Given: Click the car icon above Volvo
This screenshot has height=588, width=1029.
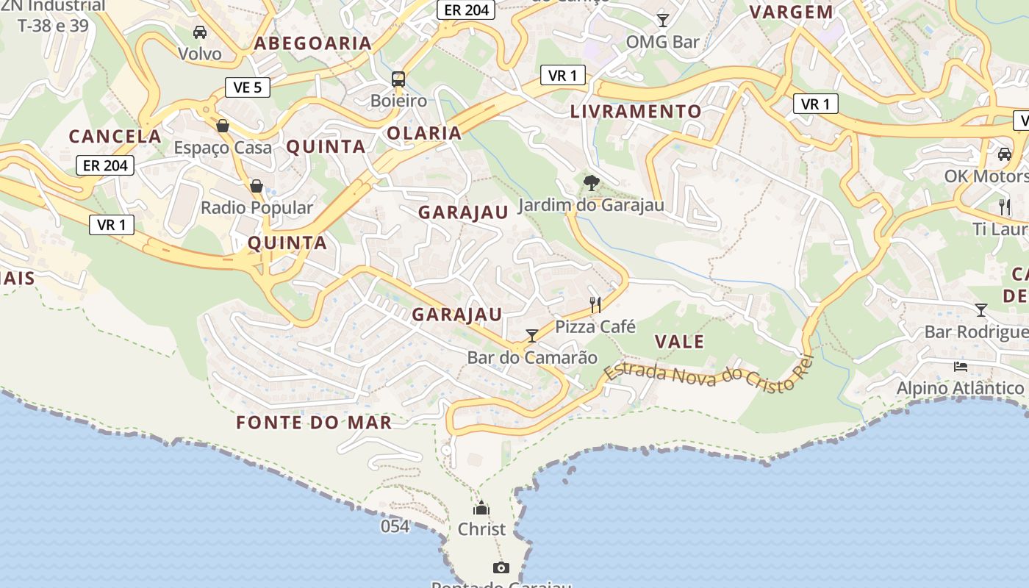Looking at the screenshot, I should click(x=200, y=32).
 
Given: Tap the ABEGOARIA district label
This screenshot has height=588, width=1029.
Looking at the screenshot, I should click(x=313, y=43).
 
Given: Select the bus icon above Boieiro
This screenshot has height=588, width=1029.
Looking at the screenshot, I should click(x=398, y=79).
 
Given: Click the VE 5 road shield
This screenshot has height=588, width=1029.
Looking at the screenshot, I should click(x=247, y=87).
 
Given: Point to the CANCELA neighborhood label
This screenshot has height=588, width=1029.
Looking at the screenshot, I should click(x=115, y=136).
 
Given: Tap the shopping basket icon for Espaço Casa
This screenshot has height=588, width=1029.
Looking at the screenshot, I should click(x=223, y=126).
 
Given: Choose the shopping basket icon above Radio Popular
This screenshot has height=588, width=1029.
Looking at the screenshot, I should click(x=257, y=186).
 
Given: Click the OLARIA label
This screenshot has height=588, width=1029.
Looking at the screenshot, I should click(x=424, y=133).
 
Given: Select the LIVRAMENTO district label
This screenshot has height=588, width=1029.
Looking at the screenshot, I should click(x=636, y=112).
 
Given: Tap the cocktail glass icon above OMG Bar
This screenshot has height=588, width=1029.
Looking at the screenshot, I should click(x=663, y=20).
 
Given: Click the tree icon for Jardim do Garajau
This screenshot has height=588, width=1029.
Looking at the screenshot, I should click(x=591, y=183).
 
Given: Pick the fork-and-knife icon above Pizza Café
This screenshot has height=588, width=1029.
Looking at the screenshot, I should click(x=595, y=304).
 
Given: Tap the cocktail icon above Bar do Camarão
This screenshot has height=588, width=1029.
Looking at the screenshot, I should click(x=532, y=336).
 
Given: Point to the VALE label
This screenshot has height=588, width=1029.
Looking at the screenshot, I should click(x=679, y=342).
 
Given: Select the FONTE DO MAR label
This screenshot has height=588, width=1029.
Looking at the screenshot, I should click(x=314, y=423).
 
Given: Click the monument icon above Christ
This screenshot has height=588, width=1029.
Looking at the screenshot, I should click(x=481, y=508).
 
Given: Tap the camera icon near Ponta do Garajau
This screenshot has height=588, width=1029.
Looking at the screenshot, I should click(x=501, y=567).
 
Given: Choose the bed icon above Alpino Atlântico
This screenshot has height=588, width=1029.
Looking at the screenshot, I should click(x=960, y=366).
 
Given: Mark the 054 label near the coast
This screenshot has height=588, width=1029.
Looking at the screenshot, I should click(x=395, y=526).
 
